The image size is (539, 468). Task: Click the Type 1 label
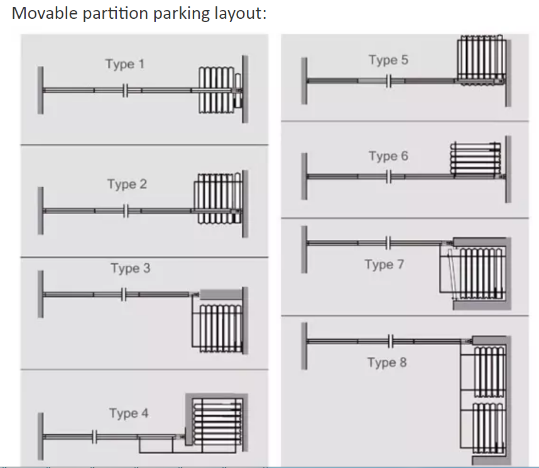pyautogui.click(x=124, y=64)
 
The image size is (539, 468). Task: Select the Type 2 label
pyautogui.click(x=126, y=184)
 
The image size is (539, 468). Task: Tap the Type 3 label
pyautogui.click(x=130, y=268)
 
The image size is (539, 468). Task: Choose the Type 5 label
pyautogui.click(x=388, y=60)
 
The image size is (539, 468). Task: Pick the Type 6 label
pyautogui.click(x=388, y=156)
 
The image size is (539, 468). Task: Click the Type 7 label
pyautogui.click(x=384, y=264)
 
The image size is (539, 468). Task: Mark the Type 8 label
pyautogui.click(x=386, y=362)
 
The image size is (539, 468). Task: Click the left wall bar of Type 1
pyautogui.click(x=40, y=90)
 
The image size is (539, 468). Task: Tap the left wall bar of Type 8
pyautogui.click(x=304, y=346)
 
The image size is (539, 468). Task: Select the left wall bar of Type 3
pyautogui.click(x=40, y=294)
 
